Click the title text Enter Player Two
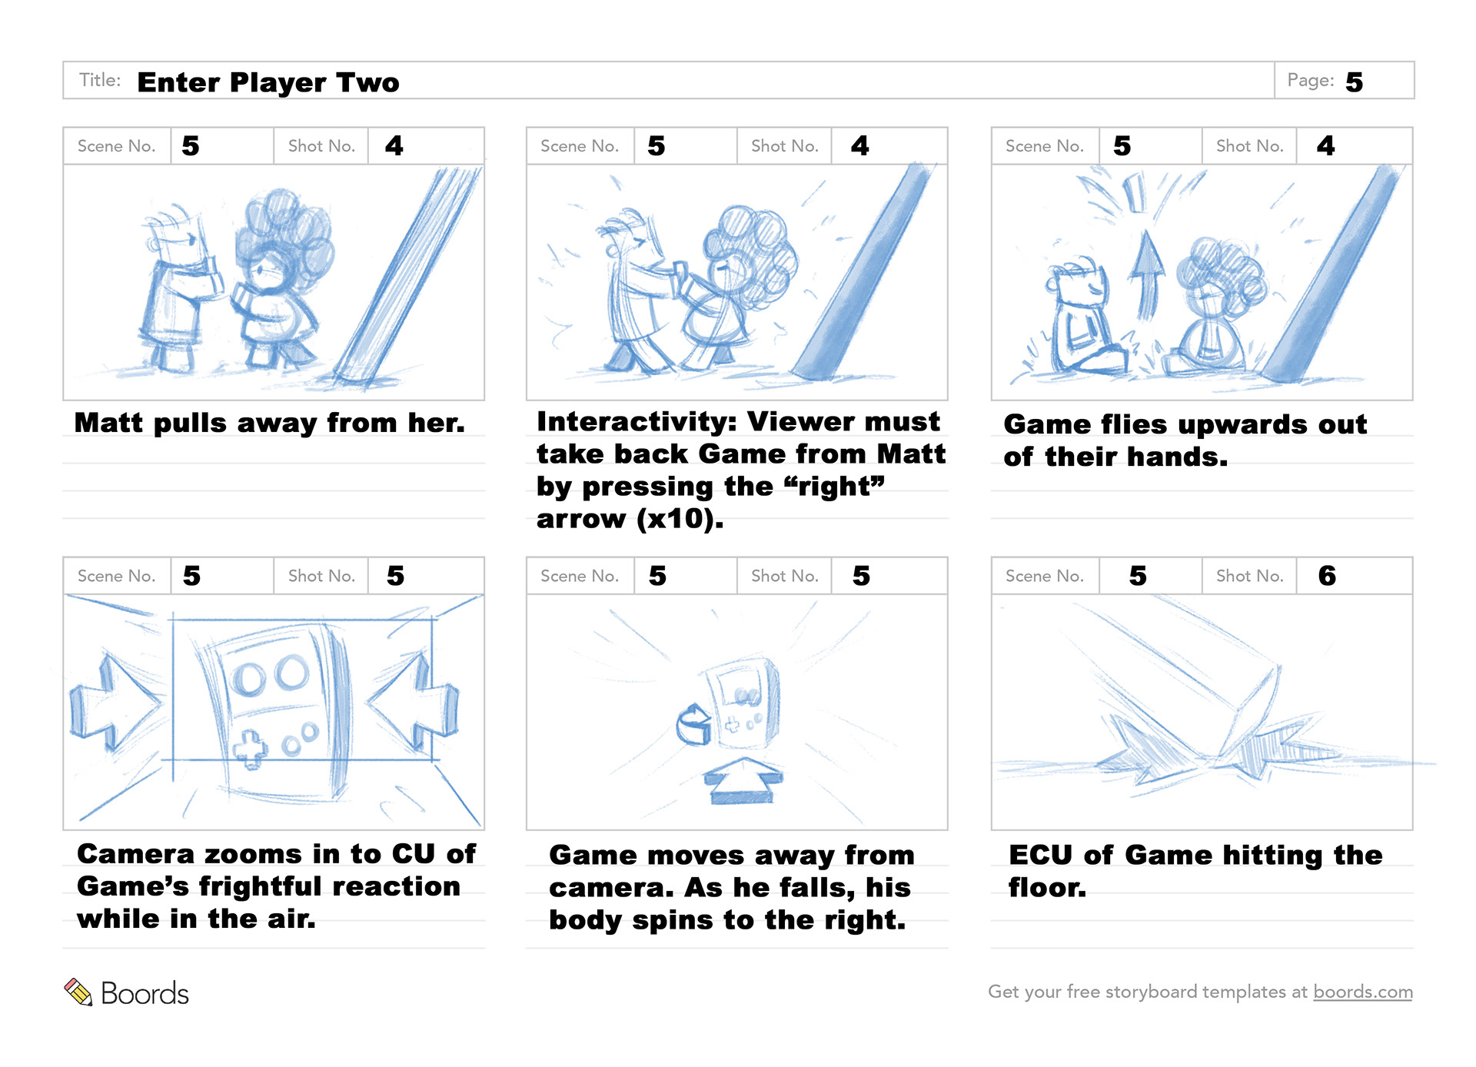268,82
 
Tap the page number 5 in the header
1354,82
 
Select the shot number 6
1327,576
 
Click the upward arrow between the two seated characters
1147,274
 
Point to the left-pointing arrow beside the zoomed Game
412,701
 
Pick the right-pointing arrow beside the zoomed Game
115,701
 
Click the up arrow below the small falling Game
743,780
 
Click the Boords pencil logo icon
78,992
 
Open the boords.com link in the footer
1362,992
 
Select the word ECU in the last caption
1040,855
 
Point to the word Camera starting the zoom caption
135,853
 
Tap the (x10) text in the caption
680,519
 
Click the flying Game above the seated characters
1135,192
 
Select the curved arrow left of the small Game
694,724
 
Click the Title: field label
100,80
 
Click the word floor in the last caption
1047,888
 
